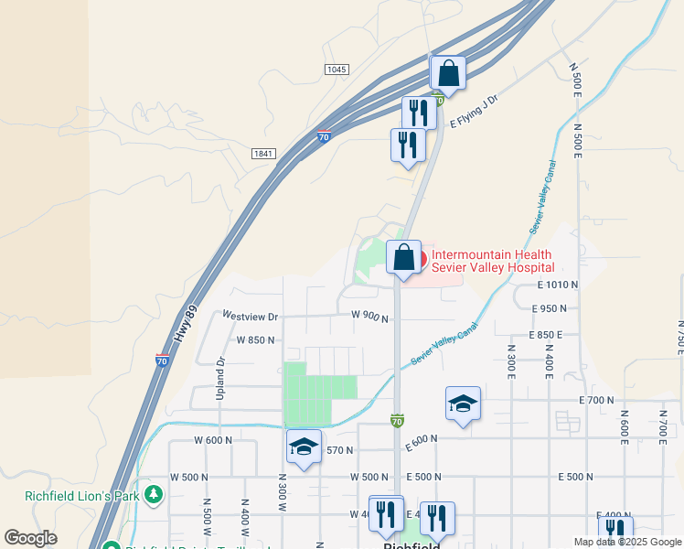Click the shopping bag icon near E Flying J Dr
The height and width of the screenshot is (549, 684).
[x=448, y=72]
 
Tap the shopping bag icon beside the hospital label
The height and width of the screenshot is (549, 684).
[x=403, y=257]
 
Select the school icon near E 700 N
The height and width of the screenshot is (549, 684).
[x=464, y=403]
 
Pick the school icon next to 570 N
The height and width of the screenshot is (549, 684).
[x=304, y=447]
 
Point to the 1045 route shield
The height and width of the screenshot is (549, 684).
[x=337, y=70]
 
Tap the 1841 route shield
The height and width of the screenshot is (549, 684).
[x=263, y=155]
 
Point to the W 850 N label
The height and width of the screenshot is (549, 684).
[x=256, y=339]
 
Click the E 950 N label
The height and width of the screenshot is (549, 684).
[x=561, y=309]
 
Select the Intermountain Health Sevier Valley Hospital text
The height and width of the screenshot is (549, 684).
[x=492, y=261]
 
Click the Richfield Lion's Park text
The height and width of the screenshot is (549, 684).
[x=81, y=497]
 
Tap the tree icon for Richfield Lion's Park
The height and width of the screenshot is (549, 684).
[x=155, y=495]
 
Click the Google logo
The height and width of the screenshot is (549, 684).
[x=30, y=538]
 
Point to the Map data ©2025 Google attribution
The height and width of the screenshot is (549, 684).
[x=626, y=542]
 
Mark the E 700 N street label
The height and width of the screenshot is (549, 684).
[x=596, y=400]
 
